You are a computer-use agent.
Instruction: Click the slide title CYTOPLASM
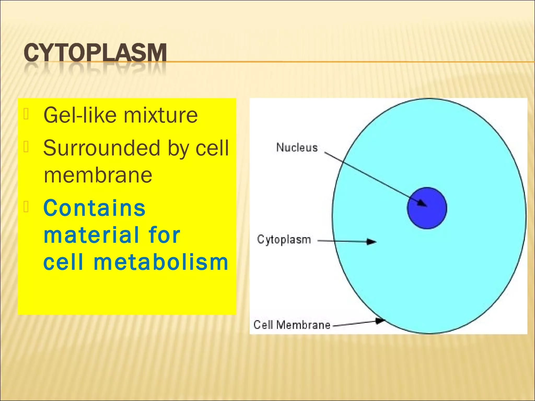95,53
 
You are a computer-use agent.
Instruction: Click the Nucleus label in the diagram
297,148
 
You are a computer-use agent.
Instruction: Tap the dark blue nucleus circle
427,208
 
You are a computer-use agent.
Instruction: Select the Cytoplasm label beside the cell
284,240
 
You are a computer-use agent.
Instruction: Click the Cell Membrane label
292,325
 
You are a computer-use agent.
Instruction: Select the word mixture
160,115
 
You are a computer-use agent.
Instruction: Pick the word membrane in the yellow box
98,175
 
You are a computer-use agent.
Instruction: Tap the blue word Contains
94,208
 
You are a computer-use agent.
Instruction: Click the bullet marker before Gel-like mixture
26,114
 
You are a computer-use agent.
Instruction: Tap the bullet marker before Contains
26,207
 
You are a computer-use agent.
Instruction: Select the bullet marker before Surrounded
26,147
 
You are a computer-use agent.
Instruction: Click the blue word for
164,235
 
